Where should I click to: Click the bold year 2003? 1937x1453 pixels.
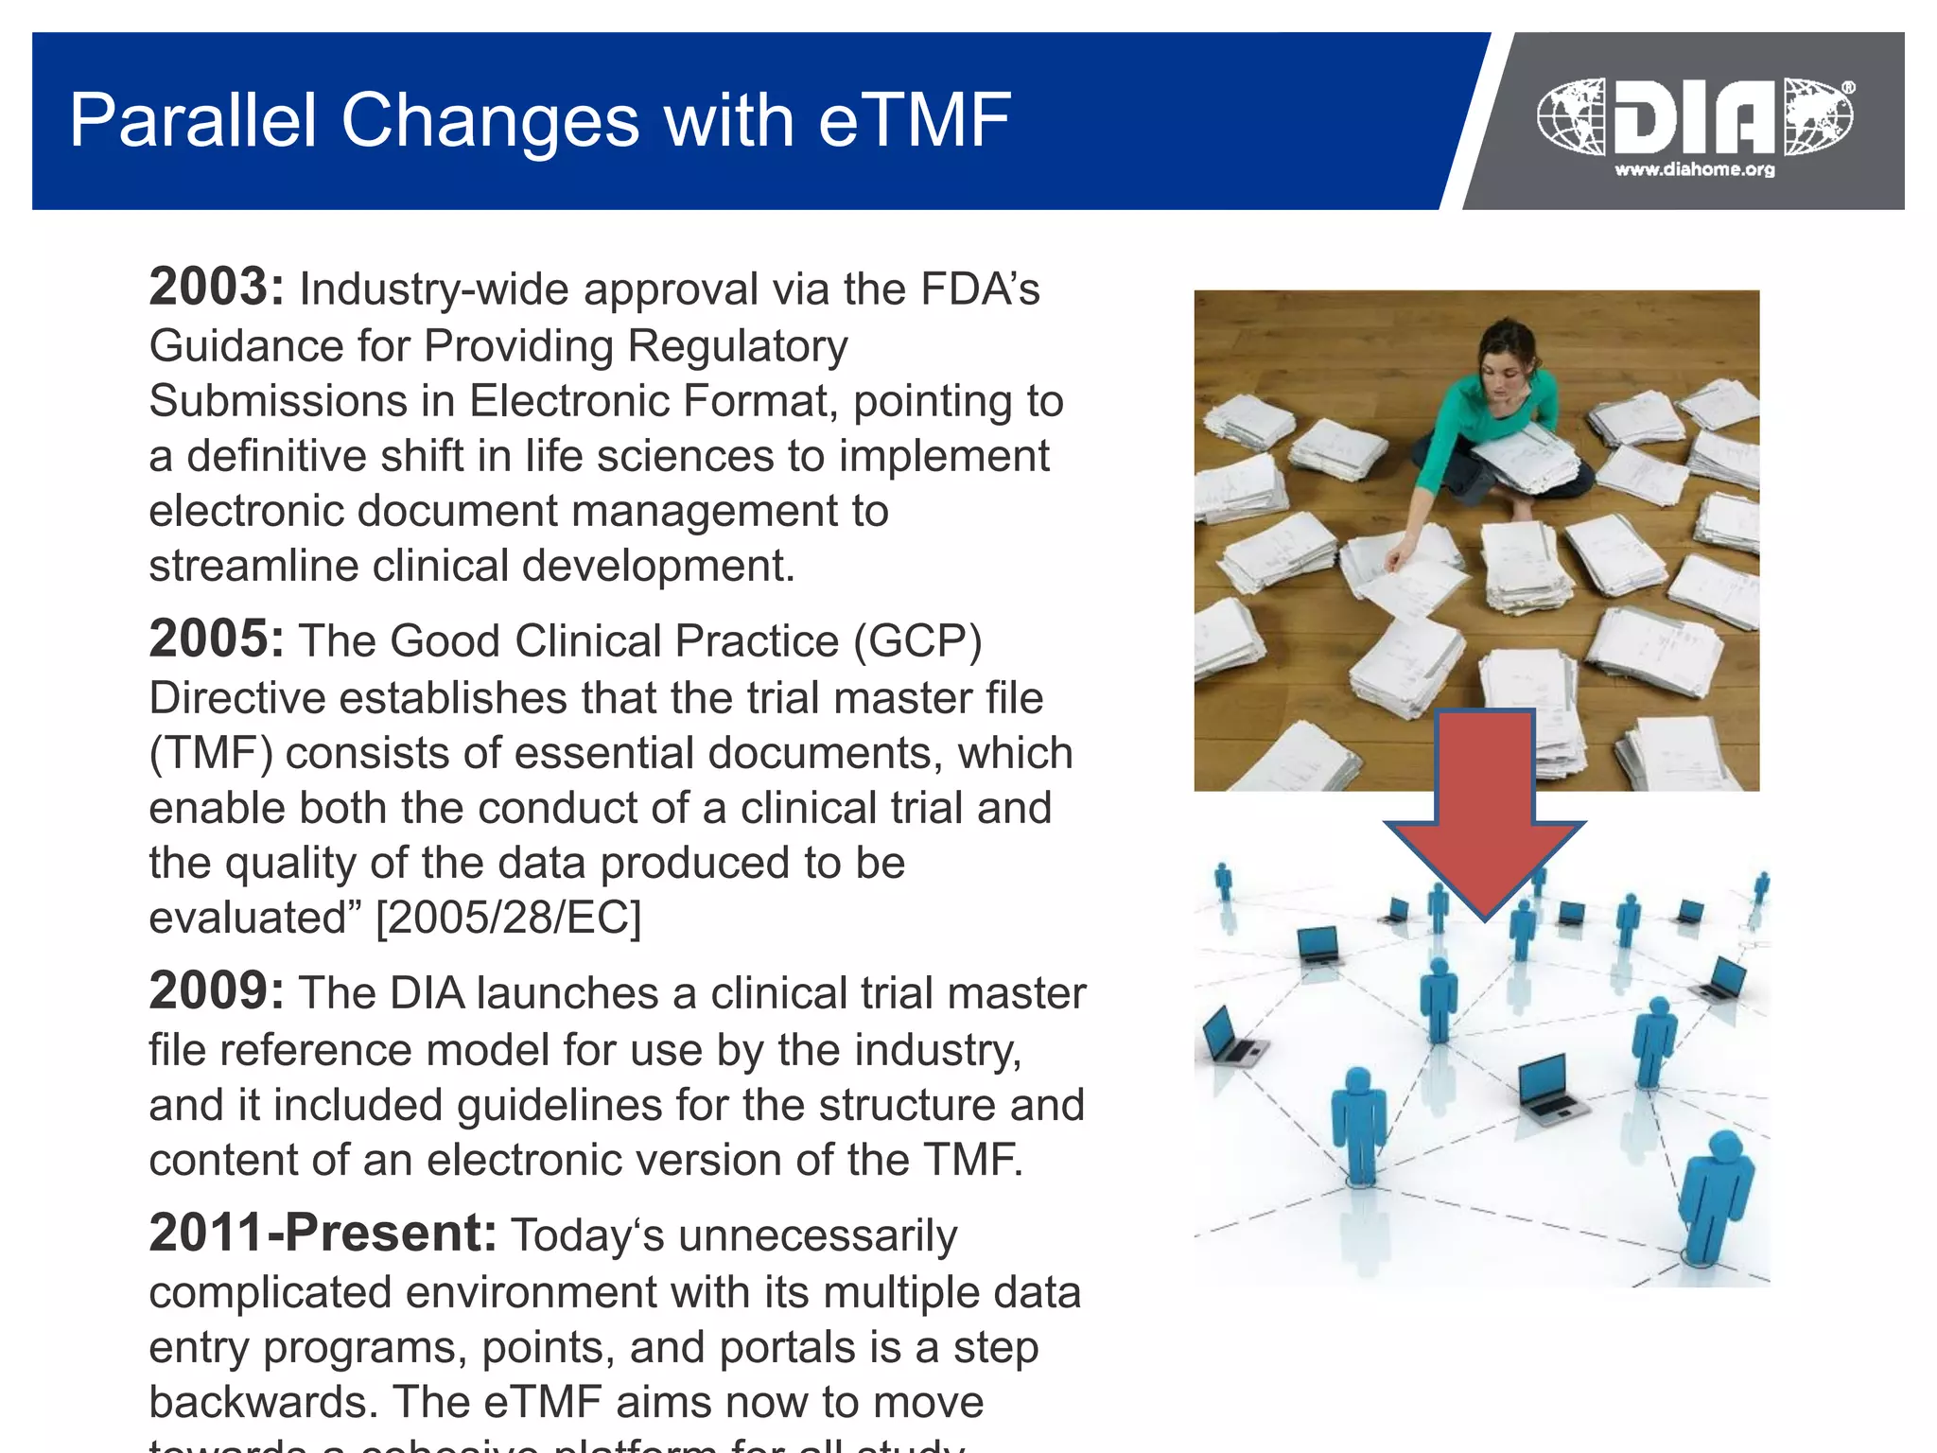tap(216, 287)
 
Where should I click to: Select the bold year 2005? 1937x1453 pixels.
tap(216, 639)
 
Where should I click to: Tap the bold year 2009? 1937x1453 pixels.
tap(216, 990)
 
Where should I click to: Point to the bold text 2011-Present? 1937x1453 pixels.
tap(323, 1233)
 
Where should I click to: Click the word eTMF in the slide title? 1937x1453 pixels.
tap(915, 120)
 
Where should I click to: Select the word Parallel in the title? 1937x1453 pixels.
tap(193, 120)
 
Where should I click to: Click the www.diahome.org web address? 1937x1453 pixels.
tap(1694, 170)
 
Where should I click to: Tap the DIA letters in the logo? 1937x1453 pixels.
tap(1694, 117)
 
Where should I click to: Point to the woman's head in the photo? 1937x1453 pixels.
tap(1506, 348)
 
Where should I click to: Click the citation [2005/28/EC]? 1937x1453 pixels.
tap(508, 918)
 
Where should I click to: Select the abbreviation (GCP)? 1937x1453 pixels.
tap(917, 641)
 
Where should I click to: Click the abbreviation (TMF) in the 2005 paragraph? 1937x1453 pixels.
tap(211, 753)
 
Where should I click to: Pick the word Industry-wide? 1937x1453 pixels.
tap(434, 289)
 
